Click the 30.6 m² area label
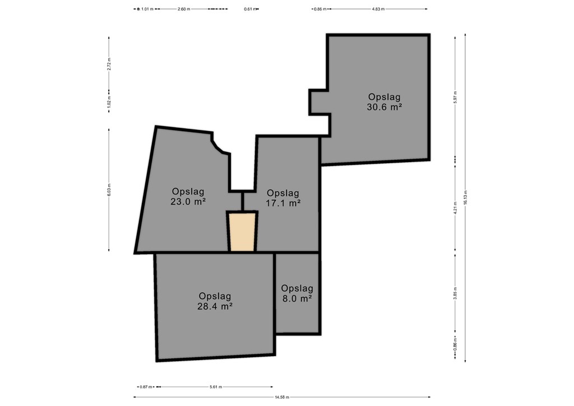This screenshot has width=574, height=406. click(385, 107)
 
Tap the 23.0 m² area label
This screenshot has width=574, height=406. click(188, 201)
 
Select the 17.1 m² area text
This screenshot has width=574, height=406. click(283, 203)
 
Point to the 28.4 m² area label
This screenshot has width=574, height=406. click(215, 306)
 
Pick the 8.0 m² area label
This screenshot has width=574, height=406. click(297, 298)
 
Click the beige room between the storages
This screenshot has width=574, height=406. click(242, 232)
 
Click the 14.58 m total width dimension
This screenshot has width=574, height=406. click(282, 397)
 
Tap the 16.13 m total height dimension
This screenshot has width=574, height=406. click(465, 198)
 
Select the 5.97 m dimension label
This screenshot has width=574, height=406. click(455, 97)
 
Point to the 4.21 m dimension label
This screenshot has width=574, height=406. click(455, 208)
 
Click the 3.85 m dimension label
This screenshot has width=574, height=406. click(455, 293)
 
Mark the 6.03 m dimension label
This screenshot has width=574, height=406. click(109, 190)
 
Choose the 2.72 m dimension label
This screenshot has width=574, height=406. click(109, 64)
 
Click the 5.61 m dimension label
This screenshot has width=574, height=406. click(216, 386)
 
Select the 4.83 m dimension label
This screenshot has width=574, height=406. click(378, 9)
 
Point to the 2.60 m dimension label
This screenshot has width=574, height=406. click(184, 9)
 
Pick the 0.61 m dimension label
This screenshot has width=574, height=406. click(250, 9)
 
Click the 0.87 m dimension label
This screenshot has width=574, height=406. click(146, 386)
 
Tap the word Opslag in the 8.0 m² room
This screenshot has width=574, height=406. click(297, 288)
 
